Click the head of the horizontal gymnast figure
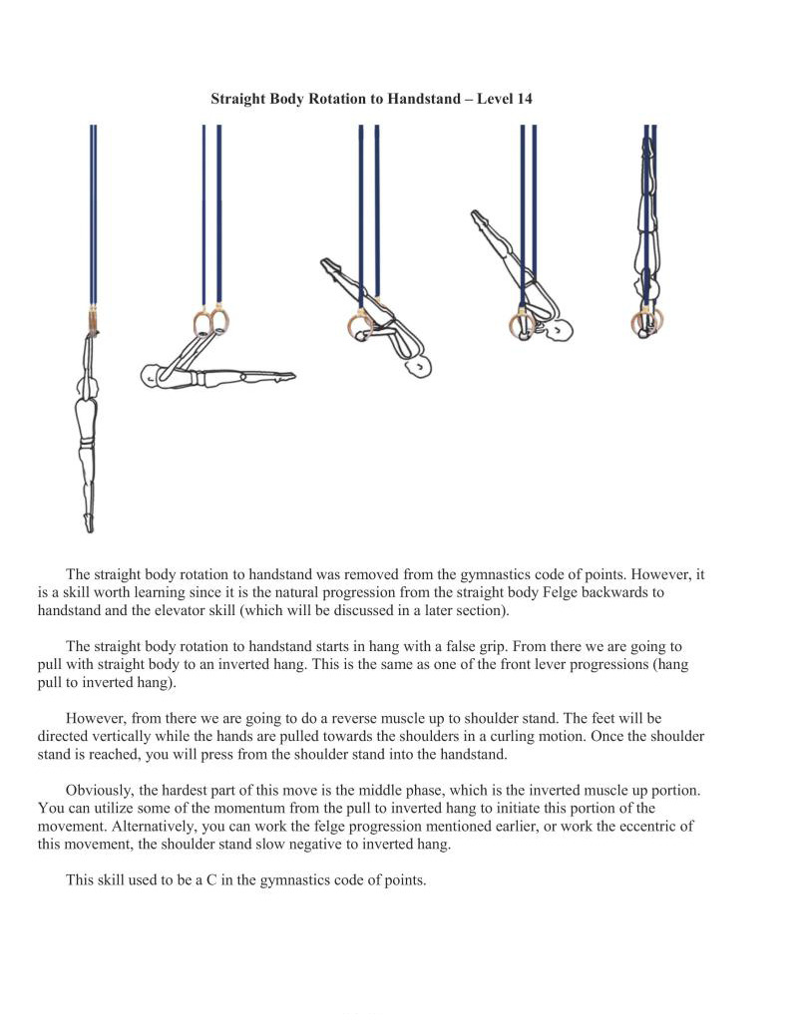pyautogui.click(x=152, y=377)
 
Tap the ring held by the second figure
pyautogui.click(x=209, y=321)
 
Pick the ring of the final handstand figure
pyautogui.click(x=647, y=322)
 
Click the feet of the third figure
pyautogui.click(x=328, y=265)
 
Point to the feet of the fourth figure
pyautogui.click(x=478, y=215)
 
